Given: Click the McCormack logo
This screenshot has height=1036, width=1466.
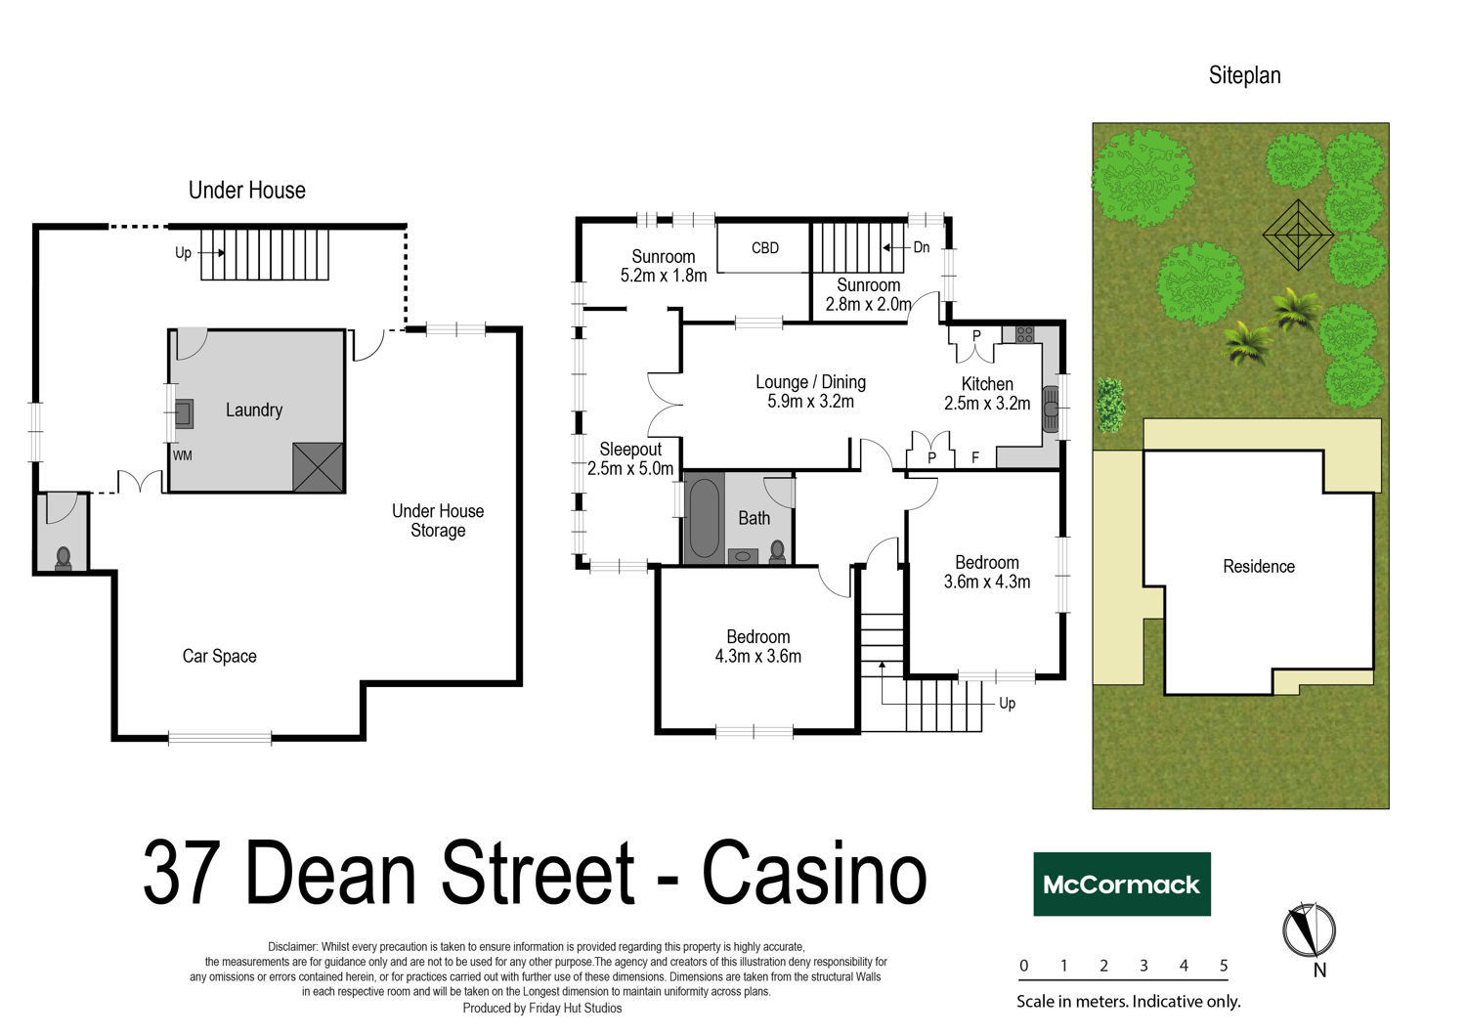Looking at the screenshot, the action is tap(1122, 885).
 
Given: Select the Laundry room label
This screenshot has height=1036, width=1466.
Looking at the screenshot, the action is tap(254, 410).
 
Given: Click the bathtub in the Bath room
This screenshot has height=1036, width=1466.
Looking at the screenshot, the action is tap(705, 519).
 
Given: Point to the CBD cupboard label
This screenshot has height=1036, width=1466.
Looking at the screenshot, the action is tap(765, 248).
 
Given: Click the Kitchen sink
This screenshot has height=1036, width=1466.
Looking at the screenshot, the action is tap(1051, 410).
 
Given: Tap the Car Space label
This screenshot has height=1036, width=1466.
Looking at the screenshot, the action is tap(219, 657).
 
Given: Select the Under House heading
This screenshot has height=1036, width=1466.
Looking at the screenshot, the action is tap(246, 191).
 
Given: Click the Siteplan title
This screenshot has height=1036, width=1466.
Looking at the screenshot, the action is tap(1244, 75).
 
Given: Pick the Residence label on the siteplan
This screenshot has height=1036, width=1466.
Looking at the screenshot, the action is tap(1259, 566).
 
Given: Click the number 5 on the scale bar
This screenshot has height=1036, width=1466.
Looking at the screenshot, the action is tap(1224, 966).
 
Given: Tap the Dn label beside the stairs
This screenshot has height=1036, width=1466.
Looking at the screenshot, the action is tap(922, 247).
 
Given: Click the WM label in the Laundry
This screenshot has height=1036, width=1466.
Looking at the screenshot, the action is tap(183, 455).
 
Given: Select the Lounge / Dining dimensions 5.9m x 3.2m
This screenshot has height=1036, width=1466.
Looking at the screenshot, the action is tap(810, 401).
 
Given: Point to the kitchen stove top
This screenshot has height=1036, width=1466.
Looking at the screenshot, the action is tap(1025, 334).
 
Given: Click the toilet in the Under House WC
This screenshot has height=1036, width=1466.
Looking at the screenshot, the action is tap(64, 558).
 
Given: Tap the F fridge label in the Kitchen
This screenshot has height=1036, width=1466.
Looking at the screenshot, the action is tap(975, 457).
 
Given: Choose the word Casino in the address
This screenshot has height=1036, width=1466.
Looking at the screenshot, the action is tap(815, 873).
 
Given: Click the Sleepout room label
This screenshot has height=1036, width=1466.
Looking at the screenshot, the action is tap(630, 450).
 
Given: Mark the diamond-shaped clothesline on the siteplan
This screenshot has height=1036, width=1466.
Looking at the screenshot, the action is tap(1298, 235).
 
